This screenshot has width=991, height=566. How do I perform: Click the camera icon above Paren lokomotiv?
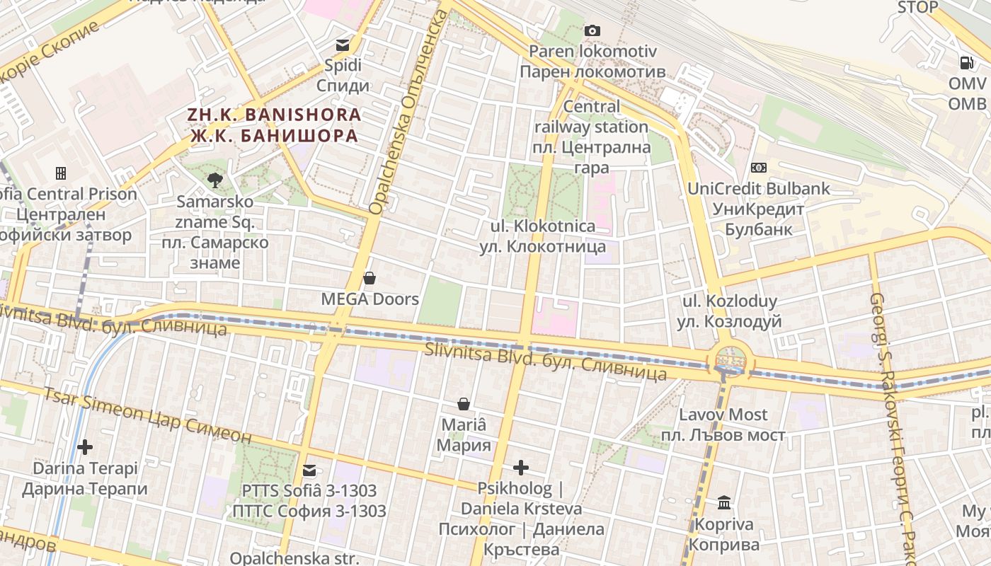592,30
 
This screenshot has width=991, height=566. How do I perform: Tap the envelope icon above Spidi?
343,45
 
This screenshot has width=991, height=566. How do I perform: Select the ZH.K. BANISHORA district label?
274,125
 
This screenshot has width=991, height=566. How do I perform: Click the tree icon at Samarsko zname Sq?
215,180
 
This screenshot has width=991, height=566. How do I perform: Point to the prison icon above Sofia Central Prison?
61,173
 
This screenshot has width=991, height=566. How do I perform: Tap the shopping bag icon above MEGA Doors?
370,278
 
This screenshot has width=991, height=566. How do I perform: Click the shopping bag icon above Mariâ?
464,404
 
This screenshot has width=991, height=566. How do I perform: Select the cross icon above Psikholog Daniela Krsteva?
521,468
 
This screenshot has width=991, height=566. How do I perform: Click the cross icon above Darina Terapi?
85,447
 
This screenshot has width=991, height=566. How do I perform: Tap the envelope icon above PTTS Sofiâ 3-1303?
309,470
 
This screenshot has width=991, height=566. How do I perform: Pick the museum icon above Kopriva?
724,503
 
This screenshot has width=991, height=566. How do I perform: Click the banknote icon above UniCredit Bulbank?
759,168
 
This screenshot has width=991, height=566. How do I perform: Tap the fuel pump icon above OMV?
967,62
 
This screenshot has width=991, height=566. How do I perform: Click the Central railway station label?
592,137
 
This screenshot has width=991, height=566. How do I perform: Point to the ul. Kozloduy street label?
729,311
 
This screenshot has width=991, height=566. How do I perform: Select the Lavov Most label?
723,424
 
